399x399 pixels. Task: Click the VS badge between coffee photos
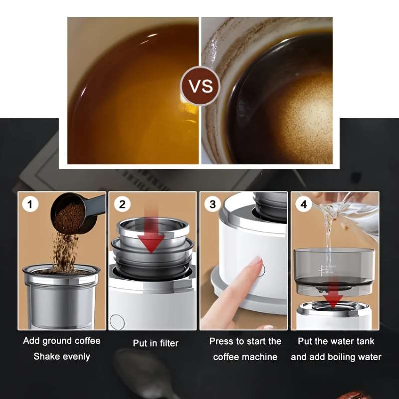coord(200,86)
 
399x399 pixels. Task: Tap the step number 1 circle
coord(30,204)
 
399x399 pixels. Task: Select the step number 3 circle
coord(212,204)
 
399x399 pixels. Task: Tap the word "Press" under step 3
coord(221,342)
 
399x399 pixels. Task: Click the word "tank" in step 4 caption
coord(364,342)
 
